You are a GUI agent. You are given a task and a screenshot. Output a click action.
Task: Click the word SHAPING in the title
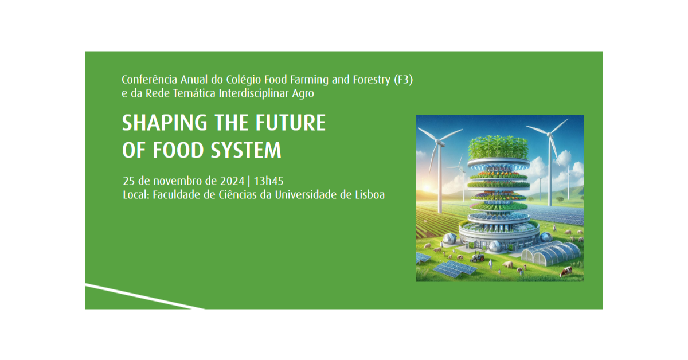pyautogui.click(x=165, y=123)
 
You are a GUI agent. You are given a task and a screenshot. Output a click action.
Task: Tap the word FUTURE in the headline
pyautogui.click(x=291, y=123)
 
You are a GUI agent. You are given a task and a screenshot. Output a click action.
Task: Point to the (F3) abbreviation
pyautogui.click(x=404, y=80)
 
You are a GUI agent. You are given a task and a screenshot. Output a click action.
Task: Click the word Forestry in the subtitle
pyautogui.click(x=372, y=80)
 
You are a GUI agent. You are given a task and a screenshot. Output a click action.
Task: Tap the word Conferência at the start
pyautogui.click(x=149, y=80)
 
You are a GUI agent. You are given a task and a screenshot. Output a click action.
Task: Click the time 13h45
pyautogui.click(x=268, y=181)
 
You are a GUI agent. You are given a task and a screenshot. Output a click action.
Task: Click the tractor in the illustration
pyautogui.click(x=477, y=257)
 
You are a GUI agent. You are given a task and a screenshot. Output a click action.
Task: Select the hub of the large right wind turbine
pyautogui.click(x=549, y=134)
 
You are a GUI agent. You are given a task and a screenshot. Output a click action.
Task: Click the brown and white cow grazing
pyautogui.click(x=566, y=272)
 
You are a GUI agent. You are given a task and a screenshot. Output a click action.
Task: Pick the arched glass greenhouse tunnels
pyautogui.click(x=552, y=253)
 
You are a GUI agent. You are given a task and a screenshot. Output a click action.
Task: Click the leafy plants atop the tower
pyautogui.click(x=498, y=147)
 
